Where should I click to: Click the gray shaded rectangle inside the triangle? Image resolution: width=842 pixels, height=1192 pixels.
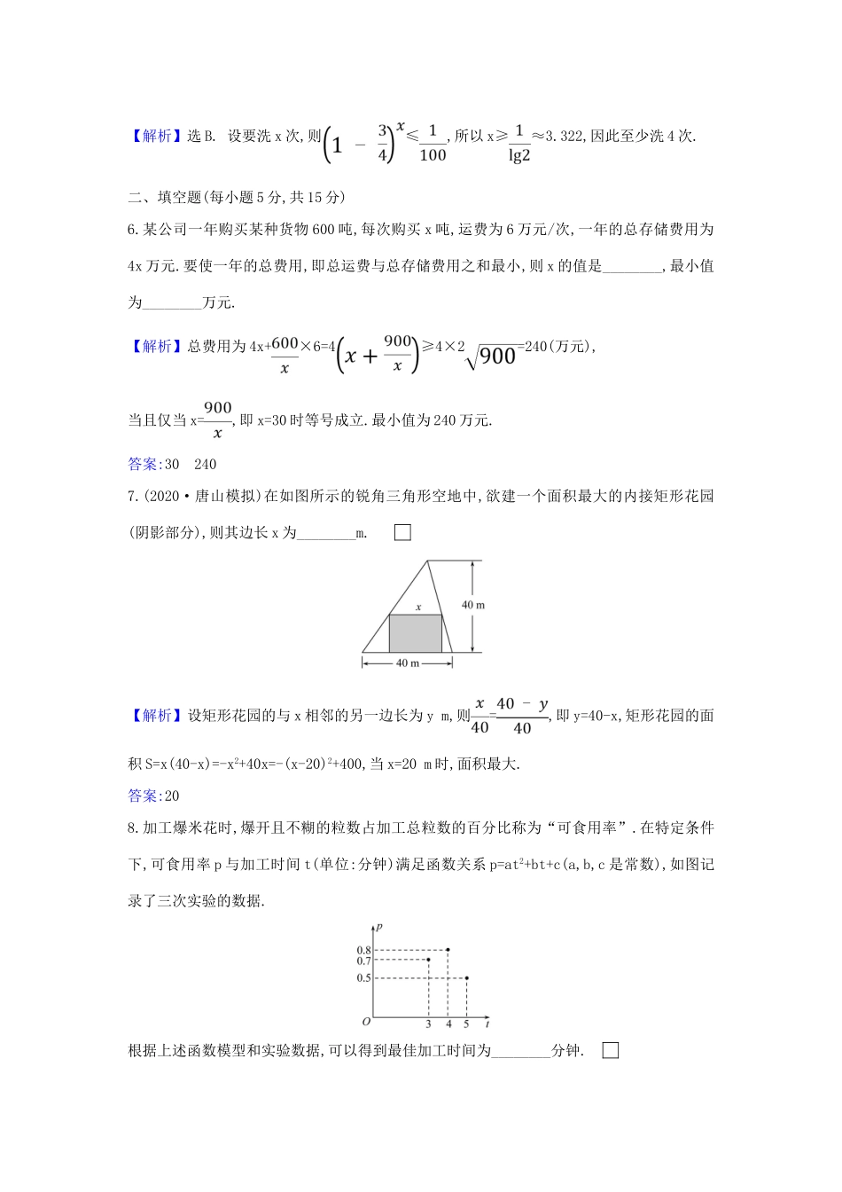416,633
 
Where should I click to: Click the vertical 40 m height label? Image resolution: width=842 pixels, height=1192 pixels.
473,605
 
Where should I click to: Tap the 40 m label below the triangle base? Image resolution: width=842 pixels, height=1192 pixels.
408,663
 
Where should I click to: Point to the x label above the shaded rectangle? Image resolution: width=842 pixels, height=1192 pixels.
418,608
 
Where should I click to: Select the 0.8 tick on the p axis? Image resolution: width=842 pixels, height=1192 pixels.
363,951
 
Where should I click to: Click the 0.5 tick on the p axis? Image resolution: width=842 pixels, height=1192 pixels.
363,978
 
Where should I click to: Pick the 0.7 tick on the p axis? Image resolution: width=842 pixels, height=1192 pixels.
363,961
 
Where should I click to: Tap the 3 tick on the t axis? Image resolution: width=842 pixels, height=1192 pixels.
429,1024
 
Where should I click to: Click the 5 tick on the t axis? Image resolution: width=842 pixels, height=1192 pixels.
466,1024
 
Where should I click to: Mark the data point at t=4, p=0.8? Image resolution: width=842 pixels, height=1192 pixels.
448,950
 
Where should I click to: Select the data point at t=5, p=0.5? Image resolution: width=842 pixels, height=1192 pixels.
466,978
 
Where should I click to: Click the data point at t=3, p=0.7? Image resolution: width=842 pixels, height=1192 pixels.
429,960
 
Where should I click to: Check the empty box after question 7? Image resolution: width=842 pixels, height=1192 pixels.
402,532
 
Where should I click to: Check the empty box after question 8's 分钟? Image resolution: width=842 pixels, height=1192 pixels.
610,1050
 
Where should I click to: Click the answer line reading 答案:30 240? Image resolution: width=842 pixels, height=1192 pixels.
172,464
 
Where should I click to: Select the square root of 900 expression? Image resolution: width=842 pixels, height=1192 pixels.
493,355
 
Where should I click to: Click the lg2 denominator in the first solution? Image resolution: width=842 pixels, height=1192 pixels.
519,156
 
